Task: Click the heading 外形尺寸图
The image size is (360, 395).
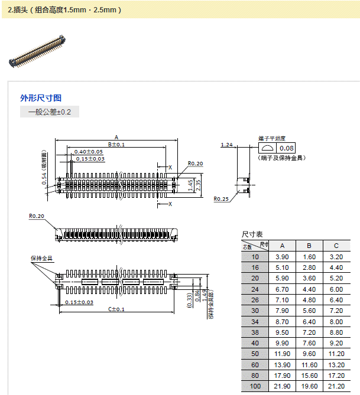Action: (41, 98)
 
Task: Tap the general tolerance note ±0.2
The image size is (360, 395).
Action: (49, 112)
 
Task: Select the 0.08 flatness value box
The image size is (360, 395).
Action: (287, 148)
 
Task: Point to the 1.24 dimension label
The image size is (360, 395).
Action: (226, 145)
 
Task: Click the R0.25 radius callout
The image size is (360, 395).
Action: (221, 199)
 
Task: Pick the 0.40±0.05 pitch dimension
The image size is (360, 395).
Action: (88, 152)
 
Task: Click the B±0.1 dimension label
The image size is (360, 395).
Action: (116, 144)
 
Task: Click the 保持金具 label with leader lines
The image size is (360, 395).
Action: (42, 259)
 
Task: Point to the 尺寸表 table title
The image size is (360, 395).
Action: (252, 235)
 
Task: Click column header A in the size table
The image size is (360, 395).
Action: (282, 246)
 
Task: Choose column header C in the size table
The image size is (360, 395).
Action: (336, 246)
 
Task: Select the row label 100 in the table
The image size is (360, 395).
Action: (255, 386)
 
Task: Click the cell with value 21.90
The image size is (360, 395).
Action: (282, 386)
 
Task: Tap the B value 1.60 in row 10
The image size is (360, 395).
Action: (309, 257)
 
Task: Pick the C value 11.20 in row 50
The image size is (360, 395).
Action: (336, 353)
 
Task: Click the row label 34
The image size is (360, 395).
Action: (255, 321)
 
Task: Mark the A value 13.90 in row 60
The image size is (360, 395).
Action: (282, 364)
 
